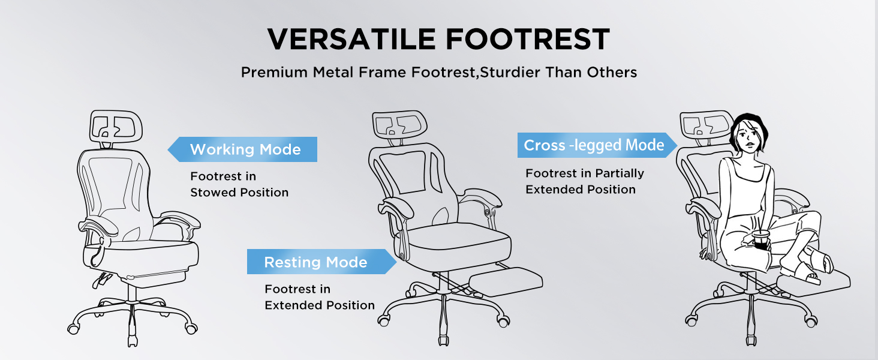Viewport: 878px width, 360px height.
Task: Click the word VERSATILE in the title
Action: tap(351, 39)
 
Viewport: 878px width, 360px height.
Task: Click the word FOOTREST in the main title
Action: tap(528, 39)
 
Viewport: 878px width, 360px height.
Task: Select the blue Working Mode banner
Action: tap(242, 149)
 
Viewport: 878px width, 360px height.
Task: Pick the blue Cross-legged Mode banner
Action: tap(597, 145)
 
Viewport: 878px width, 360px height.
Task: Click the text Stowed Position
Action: tap(239, 193)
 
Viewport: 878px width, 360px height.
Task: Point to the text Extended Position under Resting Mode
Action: tap(320, 305)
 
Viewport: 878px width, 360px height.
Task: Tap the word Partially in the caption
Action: tap(620, 173)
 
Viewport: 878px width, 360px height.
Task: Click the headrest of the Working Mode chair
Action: tap(116, 125)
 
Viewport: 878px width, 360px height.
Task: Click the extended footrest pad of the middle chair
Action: tap(506, 281)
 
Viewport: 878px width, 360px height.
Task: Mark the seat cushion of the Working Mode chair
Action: tap(141, 257)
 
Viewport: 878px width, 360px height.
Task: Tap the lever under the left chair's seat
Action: tap(102, 280)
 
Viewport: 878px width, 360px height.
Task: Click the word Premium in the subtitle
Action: tap(274, 73)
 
